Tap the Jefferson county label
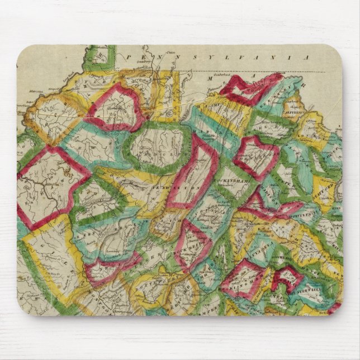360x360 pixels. coord(310,110)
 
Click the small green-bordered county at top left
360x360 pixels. coord(101,56)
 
